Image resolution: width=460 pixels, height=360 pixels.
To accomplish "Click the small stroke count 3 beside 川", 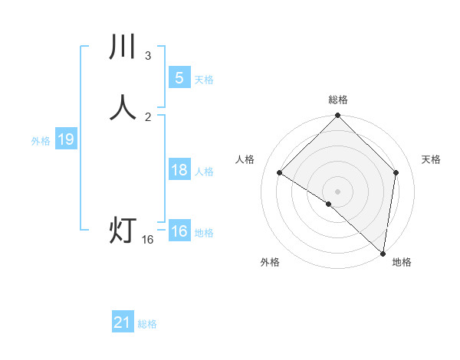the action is [x=148, y=56].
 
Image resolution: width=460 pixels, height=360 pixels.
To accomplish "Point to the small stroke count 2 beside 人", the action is [x=148, y=116].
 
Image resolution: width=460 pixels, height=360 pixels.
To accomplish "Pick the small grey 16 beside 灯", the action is [x=148, y=240].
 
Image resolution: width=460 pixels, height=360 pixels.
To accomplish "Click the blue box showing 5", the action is [x=179, y=77].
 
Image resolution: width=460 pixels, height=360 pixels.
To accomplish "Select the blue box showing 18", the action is [x=179, y=170].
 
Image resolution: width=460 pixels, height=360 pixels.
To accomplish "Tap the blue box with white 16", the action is [x=179, y=231].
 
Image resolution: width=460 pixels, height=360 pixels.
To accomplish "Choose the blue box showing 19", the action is [x=65, y=139].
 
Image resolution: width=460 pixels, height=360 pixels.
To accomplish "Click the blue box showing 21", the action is [x=123, y=323].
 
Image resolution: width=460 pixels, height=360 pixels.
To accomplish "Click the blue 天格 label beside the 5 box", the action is [x=204, y=80].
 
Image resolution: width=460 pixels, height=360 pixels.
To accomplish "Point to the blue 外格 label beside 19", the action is [x=41, y=141].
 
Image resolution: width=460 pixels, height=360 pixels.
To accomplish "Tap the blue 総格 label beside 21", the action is [x=147, y=325].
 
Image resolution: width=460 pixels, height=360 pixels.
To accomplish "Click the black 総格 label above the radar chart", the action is [x=338, y=100].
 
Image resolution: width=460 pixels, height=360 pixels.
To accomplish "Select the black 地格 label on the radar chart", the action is [x=402, y=263].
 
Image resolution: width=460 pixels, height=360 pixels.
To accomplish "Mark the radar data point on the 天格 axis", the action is [x=396, y=172].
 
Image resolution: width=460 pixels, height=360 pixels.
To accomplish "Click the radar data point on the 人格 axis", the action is [x=280, y=173].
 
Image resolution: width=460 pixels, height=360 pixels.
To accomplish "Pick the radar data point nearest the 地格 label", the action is [x=383, y=253].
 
